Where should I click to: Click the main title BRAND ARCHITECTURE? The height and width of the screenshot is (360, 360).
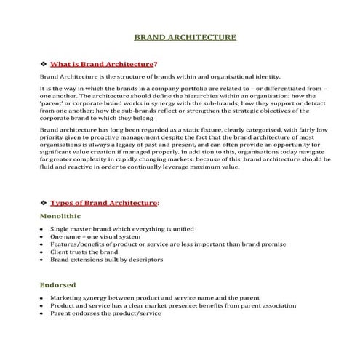(x=185, y=36)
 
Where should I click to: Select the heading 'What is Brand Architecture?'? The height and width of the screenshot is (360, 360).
(x=103, y=64)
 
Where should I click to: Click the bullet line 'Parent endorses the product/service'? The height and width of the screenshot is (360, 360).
(x=104, y=314)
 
